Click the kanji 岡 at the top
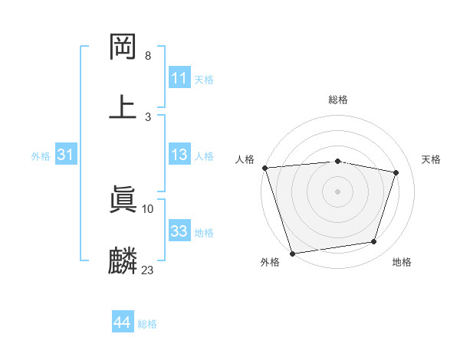pyautogui.click(x=123, y=47)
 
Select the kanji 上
pyautogui.click(x=123, y=106)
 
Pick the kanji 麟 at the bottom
pyautogui.click(x=123, y=261)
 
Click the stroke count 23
pyautogui.click(x=148, y=270)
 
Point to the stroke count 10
pyautogui.click(x=148, y=208)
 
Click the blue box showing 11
pyautogui.click(x=179, y=78)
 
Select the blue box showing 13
pyautogui.click(x=179, y=155)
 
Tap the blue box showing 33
pyautogui.click(x=179, y=231)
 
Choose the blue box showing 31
pyautogui.click(x=66, y=155)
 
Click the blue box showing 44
pyautogui.click(x=122, y=323)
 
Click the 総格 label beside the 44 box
pyautogui.click(x=147, y=324)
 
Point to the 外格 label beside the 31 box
pyautogui.click(x=41, y=156)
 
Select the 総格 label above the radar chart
pyautogui.click(x=338, y=100)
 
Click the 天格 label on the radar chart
pyautogui.click(x=432, y=159)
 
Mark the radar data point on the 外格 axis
pyautogui.click(x=292, y=253)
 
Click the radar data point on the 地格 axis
pyautogui.click(x=374, y=242)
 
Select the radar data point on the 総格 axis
pyautogui.click(x=338, y=161)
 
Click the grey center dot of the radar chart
pyautogui.click(x=338, y=191)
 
